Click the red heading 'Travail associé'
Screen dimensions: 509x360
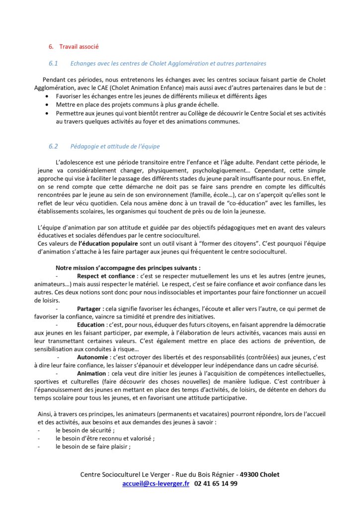(79, 47)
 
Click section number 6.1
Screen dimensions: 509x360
(53, 64)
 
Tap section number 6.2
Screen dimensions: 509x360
(53, 146)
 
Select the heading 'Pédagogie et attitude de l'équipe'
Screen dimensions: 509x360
(115, 146)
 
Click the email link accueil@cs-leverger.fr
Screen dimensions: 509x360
(156, 483)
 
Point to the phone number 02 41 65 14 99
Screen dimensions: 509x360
(216, 483)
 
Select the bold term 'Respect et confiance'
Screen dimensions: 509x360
(106, 276)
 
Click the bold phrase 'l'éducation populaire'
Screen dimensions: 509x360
(108, 244)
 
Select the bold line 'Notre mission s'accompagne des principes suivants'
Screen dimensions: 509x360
(128, 267)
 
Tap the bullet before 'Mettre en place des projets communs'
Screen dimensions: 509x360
(47, 105)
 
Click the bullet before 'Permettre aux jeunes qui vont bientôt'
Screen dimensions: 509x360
(47, 113)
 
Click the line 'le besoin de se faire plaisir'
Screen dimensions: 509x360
(93, 446)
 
